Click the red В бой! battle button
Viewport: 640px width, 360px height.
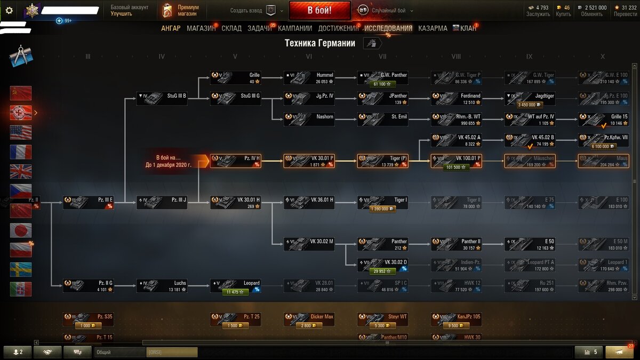(319, 10)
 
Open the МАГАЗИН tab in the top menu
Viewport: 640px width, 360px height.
(201, 28)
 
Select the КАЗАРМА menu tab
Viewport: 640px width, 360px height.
(433, 28)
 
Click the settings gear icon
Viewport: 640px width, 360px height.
(9, 10)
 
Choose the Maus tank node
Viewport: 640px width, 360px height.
(603, 161)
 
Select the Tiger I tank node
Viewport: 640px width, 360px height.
(382, 203)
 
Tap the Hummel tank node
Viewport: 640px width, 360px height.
(309, 78)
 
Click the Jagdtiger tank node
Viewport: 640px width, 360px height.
(530, 98)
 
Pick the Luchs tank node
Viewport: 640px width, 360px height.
(162, 286)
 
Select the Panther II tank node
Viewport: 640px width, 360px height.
(456, 244)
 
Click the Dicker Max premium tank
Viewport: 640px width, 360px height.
(309, 319)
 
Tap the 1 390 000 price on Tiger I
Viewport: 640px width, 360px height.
(382, 209)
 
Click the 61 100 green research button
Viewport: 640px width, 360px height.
(382, 84)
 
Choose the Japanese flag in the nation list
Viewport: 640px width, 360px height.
(21, 230)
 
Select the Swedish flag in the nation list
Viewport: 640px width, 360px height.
(21, 269)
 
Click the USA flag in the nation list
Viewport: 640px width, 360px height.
(21, 132)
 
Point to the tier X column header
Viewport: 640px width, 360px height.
(603, 57)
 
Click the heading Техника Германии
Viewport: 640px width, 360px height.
(319, 43)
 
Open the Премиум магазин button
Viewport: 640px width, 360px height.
(181, 10)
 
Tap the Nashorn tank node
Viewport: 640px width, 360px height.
(309, 119)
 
